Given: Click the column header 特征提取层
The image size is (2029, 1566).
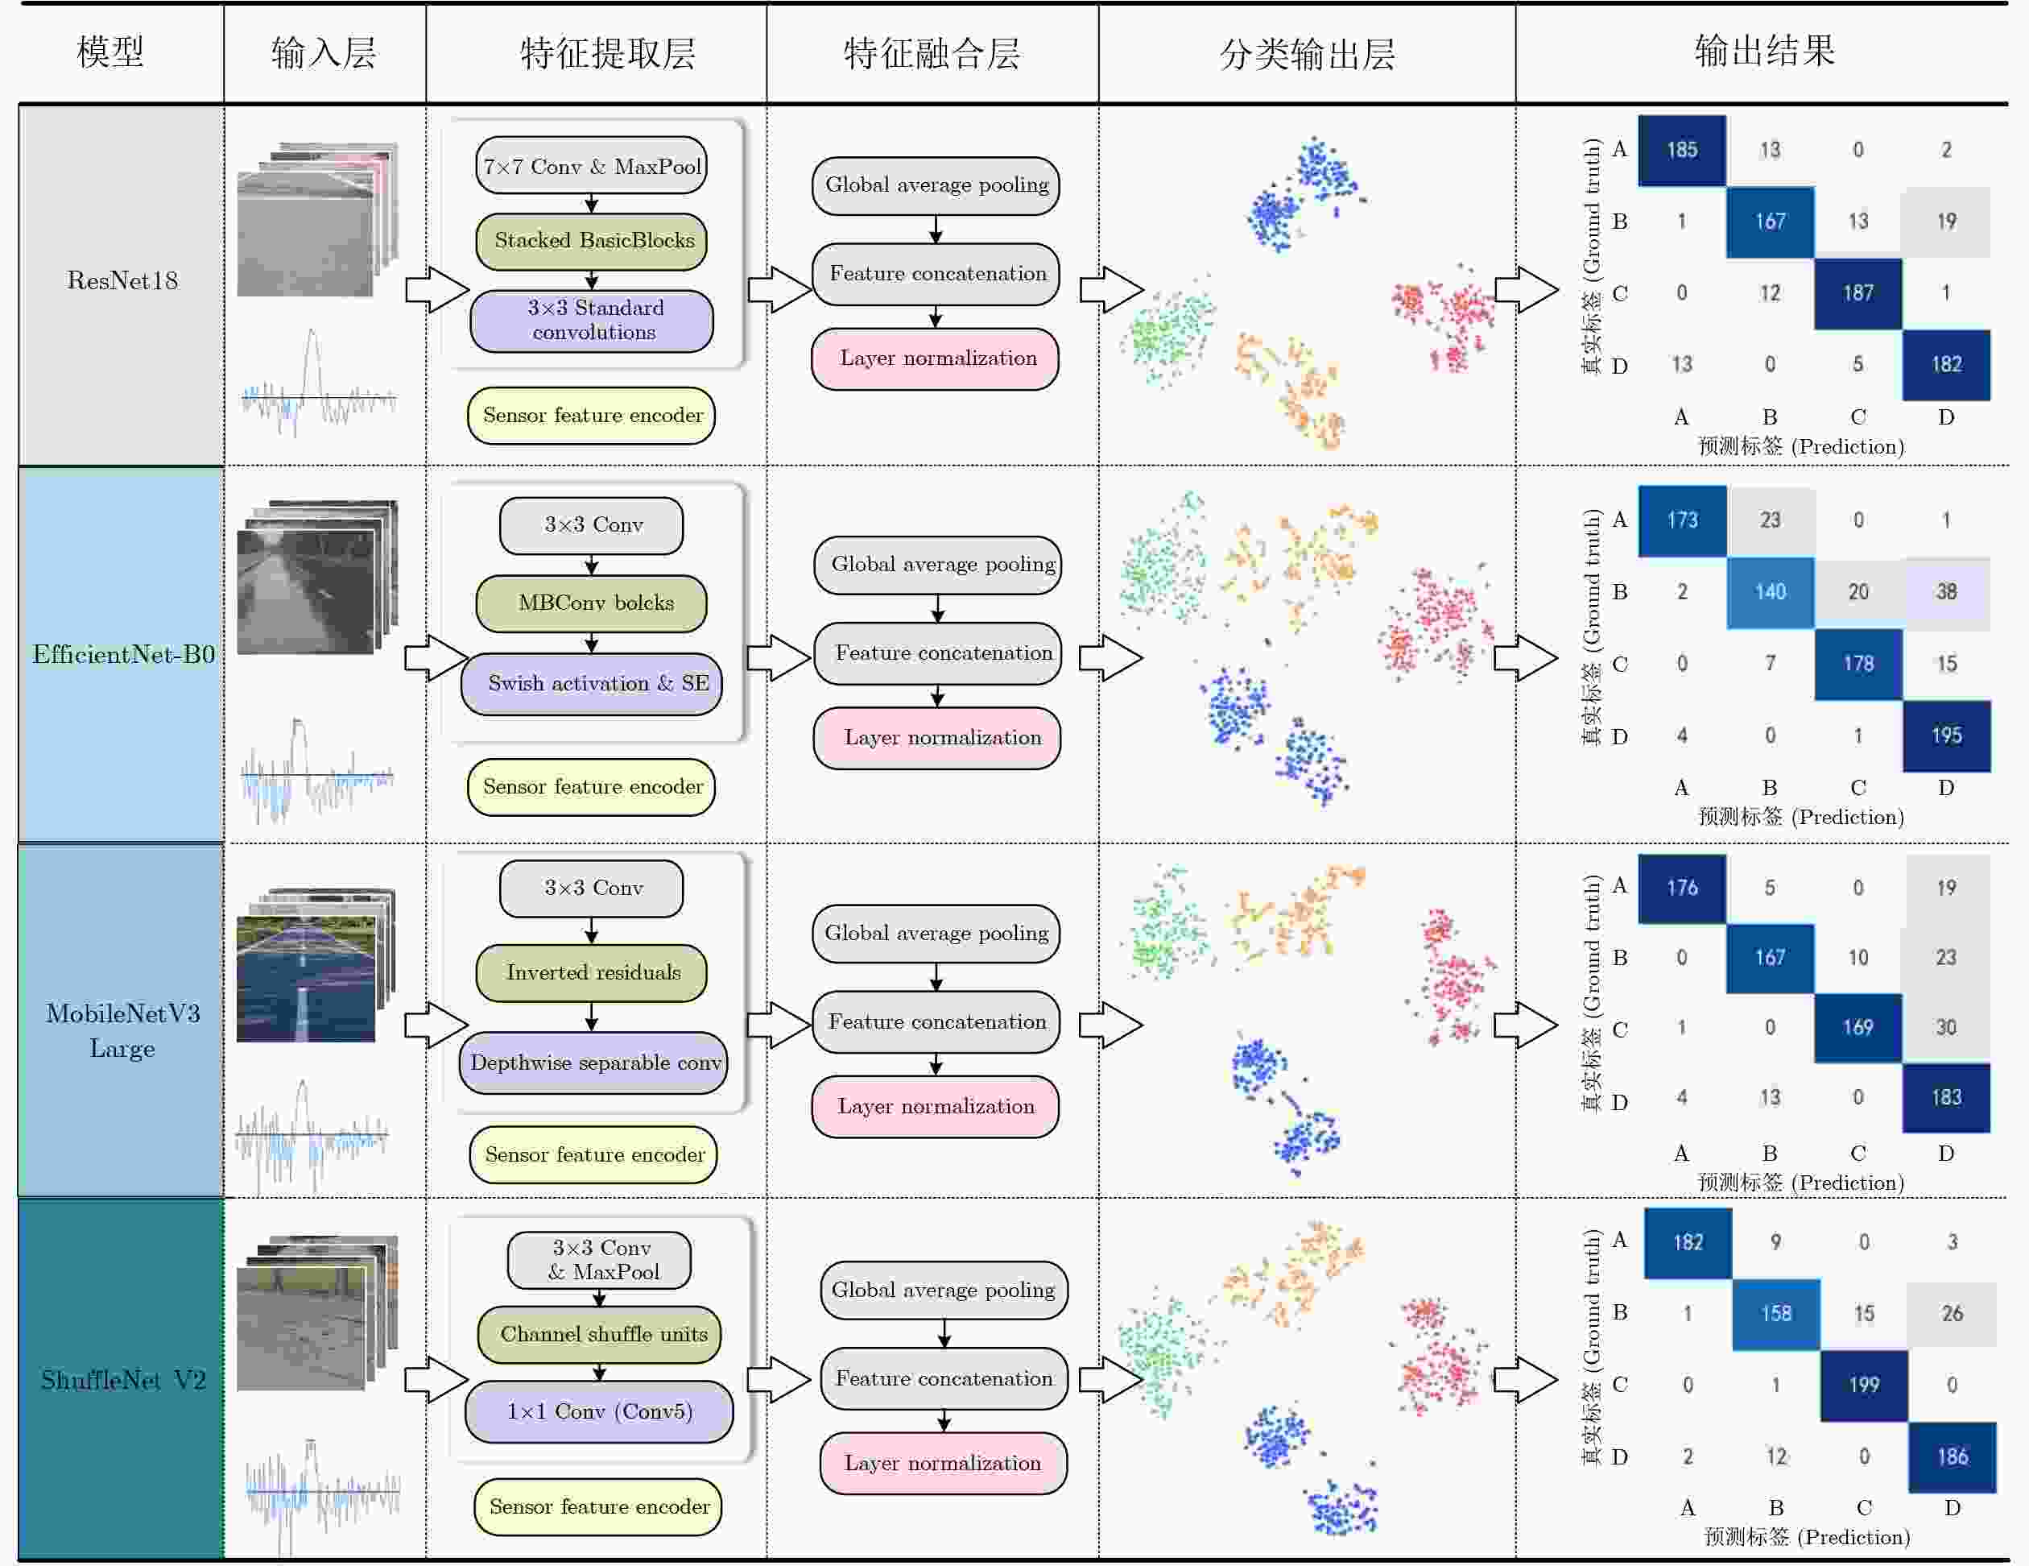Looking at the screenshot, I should click(608, 53).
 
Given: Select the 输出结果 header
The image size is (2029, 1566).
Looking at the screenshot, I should click(1764, 51).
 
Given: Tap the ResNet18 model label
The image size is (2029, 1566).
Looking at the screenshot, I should click(122, 280).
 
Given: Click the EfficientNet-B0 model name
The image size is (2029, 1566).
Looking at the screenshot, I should click(123, 654).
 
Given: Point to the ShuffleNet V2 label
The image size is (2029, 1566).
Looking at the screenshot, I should click(122, 1379).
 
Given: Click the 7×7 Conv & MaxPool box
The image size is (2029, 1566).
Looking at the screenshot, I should click(592, 167).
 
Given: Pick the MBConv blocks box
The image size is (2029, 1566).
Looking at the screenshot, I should click(592, 603).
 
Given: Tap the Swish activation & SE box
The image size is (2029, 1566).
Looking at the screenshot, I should click(592, 683).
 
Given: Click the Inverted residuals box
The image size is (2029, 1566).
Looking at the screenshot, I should click(592, 972).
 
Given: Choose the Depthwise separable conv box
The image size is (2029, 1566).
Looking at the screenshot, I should click(593, 1063).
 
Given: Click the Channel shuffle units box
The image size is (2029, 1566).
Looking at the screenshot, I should click(600, 1334).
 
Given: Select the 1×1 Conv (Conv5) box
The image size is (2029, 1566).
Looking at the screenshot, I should click(599, 1411).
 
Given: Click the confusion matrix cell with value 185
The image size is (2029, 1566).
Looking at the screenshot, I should click(1681, 150).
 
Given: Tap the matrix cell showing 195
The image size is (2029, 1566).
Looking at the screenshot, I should click(1946, 736).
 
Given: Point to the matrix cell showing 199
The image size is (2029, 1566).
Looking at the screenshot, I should click(1864, 1385).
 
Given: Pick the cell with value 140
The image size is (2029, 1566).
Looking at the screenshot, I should click(1770, 592).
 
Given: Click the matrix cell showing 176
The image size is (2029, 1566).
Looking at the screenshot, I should click(1681, 888).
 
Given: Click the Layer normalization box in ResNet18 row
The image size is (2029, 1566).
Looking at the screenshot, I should click(936, 358).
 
